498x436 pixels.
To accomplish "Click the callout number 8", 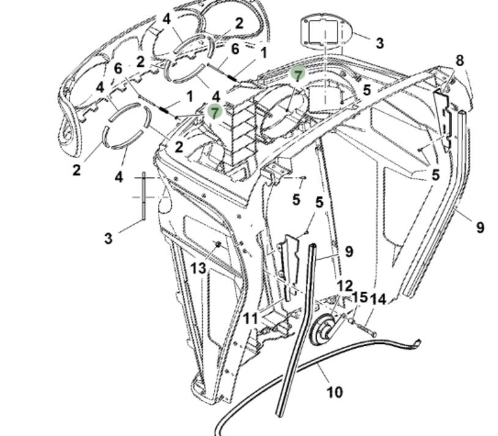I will (459, 60).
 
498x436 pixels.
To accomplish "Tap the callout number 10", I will (334, 391).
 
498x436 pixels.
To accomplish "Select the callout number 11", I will (251, 318).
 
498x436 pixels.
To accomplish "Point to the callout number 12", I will (345, 285).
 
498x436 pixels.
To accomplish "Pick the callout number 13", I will (198, 268).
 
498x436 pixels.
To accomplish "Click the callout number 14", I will (379, 299).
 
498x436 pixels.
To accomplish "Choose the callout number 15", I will (360, 298).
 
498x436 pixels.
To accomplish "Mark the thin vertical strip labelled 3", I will (144, 196).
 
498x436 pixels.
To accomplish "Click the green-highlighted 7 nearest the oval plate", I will (298, 75).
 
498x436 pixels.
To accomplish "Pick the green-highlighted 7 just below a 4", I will (214, 111).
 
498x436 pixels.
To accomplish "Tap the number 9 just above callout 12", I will (349, 250).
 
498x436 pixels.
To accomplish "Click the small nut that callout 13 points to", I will (217, 245).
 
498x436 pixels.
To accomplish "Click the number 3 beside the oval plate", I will (379, 43).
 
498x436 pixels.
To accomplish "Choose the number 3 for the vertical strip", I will (108, 238).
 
